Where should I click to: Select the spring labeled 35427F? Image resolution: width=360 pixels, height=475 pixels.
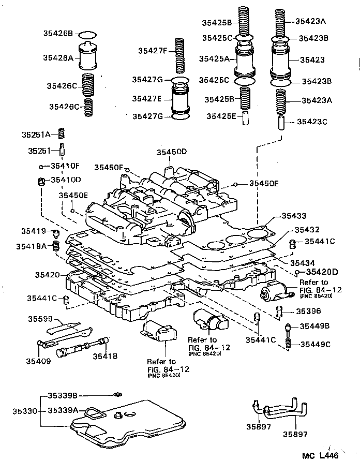pyautogui.click(x=179, y=55)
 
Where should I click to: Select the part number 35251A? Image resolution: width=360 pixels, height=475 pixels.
pyautogui.click(x=36, y=134)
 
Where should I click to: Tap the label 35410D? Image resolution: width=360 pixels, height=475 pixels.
pyautogui.click(x=66, y=180)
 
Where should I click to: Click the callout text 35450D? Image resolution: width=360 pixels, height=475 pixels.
pyautogui.click(x=172, y=152)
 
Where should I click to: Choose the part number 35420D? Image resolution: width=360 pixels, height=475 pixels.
pyautogui.click(x=321, y=271)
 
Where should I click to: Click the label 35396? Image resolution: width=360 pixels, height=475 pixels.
pyautogui.click(x=308, y=311)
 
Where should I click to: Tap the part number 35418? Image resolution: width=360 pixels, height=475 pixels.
pyautogui.click(x=105, y=356)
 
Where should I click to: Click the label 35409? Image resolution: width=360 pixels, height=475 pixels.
pyautogui.click(x=39, y=361)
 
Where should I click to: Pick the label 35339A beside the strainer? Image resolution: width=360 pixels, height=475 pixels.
pyautogui.click(x=63, y=410)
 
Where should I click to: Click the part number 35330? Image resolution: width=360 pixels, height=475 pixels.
pyautogui.click(x=25, y=411)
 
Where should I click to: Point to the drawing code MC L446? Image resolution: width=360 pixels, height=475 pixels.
pyautogui.click(x=323, y=457)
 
